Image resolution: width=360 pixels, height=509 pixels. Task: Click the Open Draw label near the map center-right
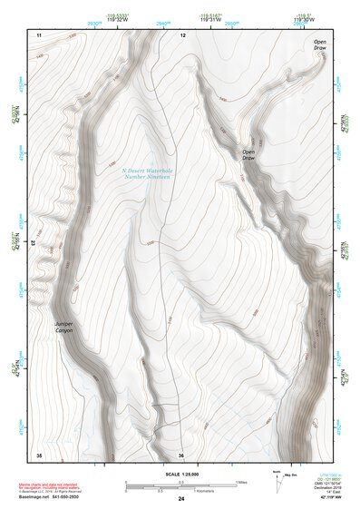tap(248, 154)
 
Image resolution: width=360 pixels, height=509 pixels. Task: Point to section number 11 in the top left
tap(39, 34)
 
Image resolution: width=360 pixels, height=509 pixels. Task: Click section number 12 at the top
tap(182, 34)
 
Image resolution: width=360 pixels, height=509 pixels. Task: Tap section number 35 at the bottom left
tap(39, 454)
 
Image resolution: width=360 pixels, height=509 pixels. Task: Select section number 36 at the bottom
tap(181, 455)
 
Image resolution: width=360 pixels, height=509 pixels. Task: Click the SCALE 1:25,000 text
tap(180, 474)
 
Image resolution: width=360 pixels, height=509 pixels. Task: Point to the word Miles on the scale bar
tap(241, 481)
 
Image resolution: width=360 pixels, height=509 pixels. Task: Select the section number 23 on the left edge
tap(33, 243)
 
